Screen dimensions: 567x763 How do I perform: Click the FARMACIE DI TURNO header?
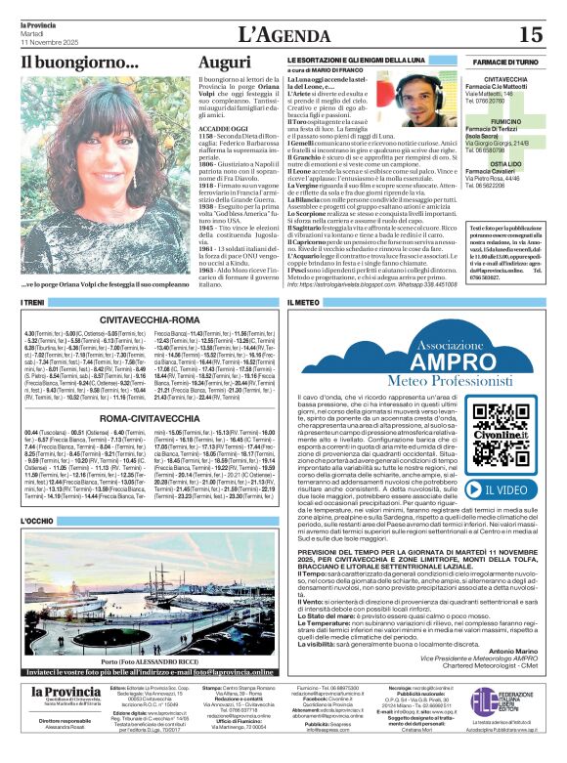507,62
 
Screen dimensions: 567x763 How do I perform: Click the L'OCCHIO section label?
38,522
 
